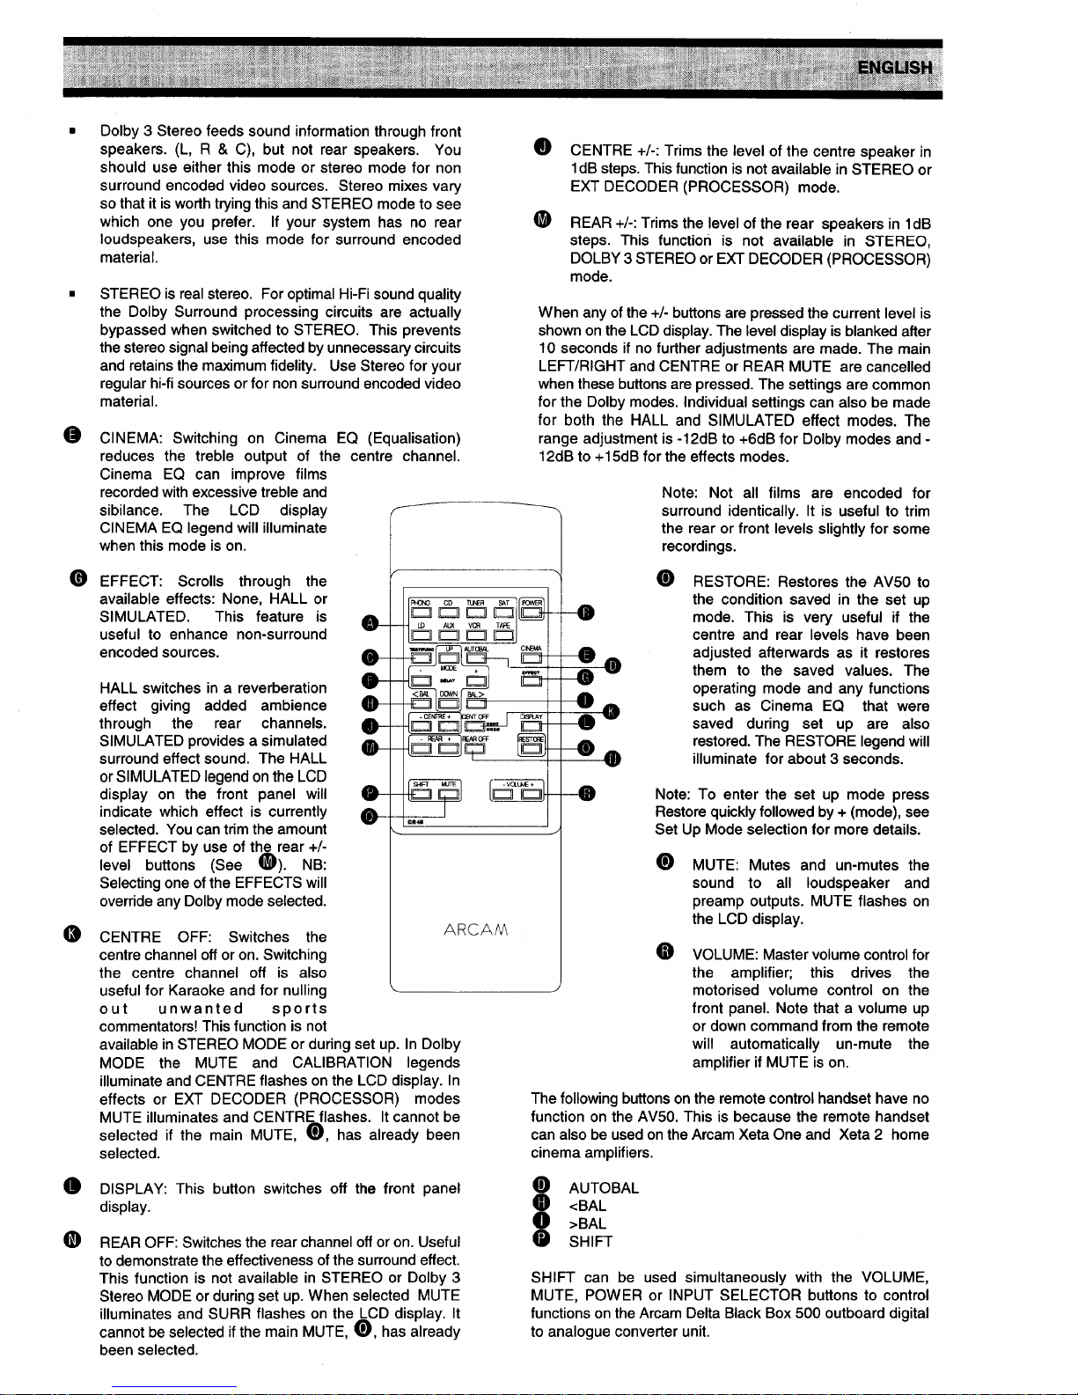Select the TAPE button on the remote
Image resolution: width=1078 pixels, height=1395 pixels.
[x=502, y=635]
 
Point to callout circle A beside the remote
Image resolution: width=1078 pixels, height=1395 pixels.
[x=371, y=622]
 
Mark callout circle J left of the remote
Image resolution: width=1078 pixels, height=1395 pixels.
[x=371, y=725]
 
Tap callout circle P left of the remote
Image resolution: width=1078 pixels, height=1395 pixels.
[x=371, y=794]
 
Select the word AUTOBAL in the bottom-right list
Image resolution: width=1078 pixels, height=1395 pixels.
[x=604, y=1187]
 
